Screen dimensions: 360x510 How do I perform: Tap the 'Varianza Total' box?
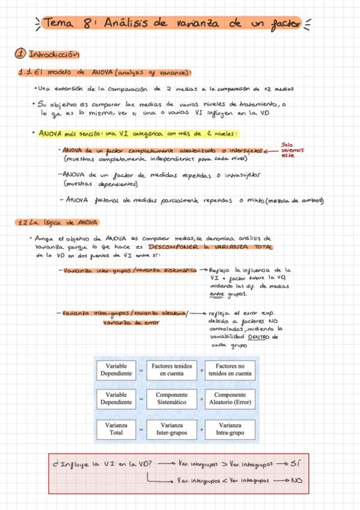pyautogui.click(x=116, y=428)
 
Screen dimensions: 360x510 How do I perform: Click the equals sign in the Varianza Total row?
pyautogui.click(x=142, y=429)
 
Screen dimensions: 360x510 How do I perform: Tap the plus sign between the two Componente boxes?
pyautogui.click(x=201, y=399)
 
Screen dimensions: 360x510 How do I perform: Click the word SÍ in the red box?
pyautogui.click(x=293, y=464)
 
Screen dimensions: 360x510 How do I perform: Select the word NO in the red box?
pyautogui.click(x=296, y=481)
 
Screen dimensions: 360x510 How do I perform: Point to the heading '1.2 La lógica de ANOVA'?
pyautogui.click(x=52, y=223)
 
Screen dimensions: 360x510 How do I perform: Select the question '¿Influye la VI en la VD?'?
pyautogui.click(x=106, y=464)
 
